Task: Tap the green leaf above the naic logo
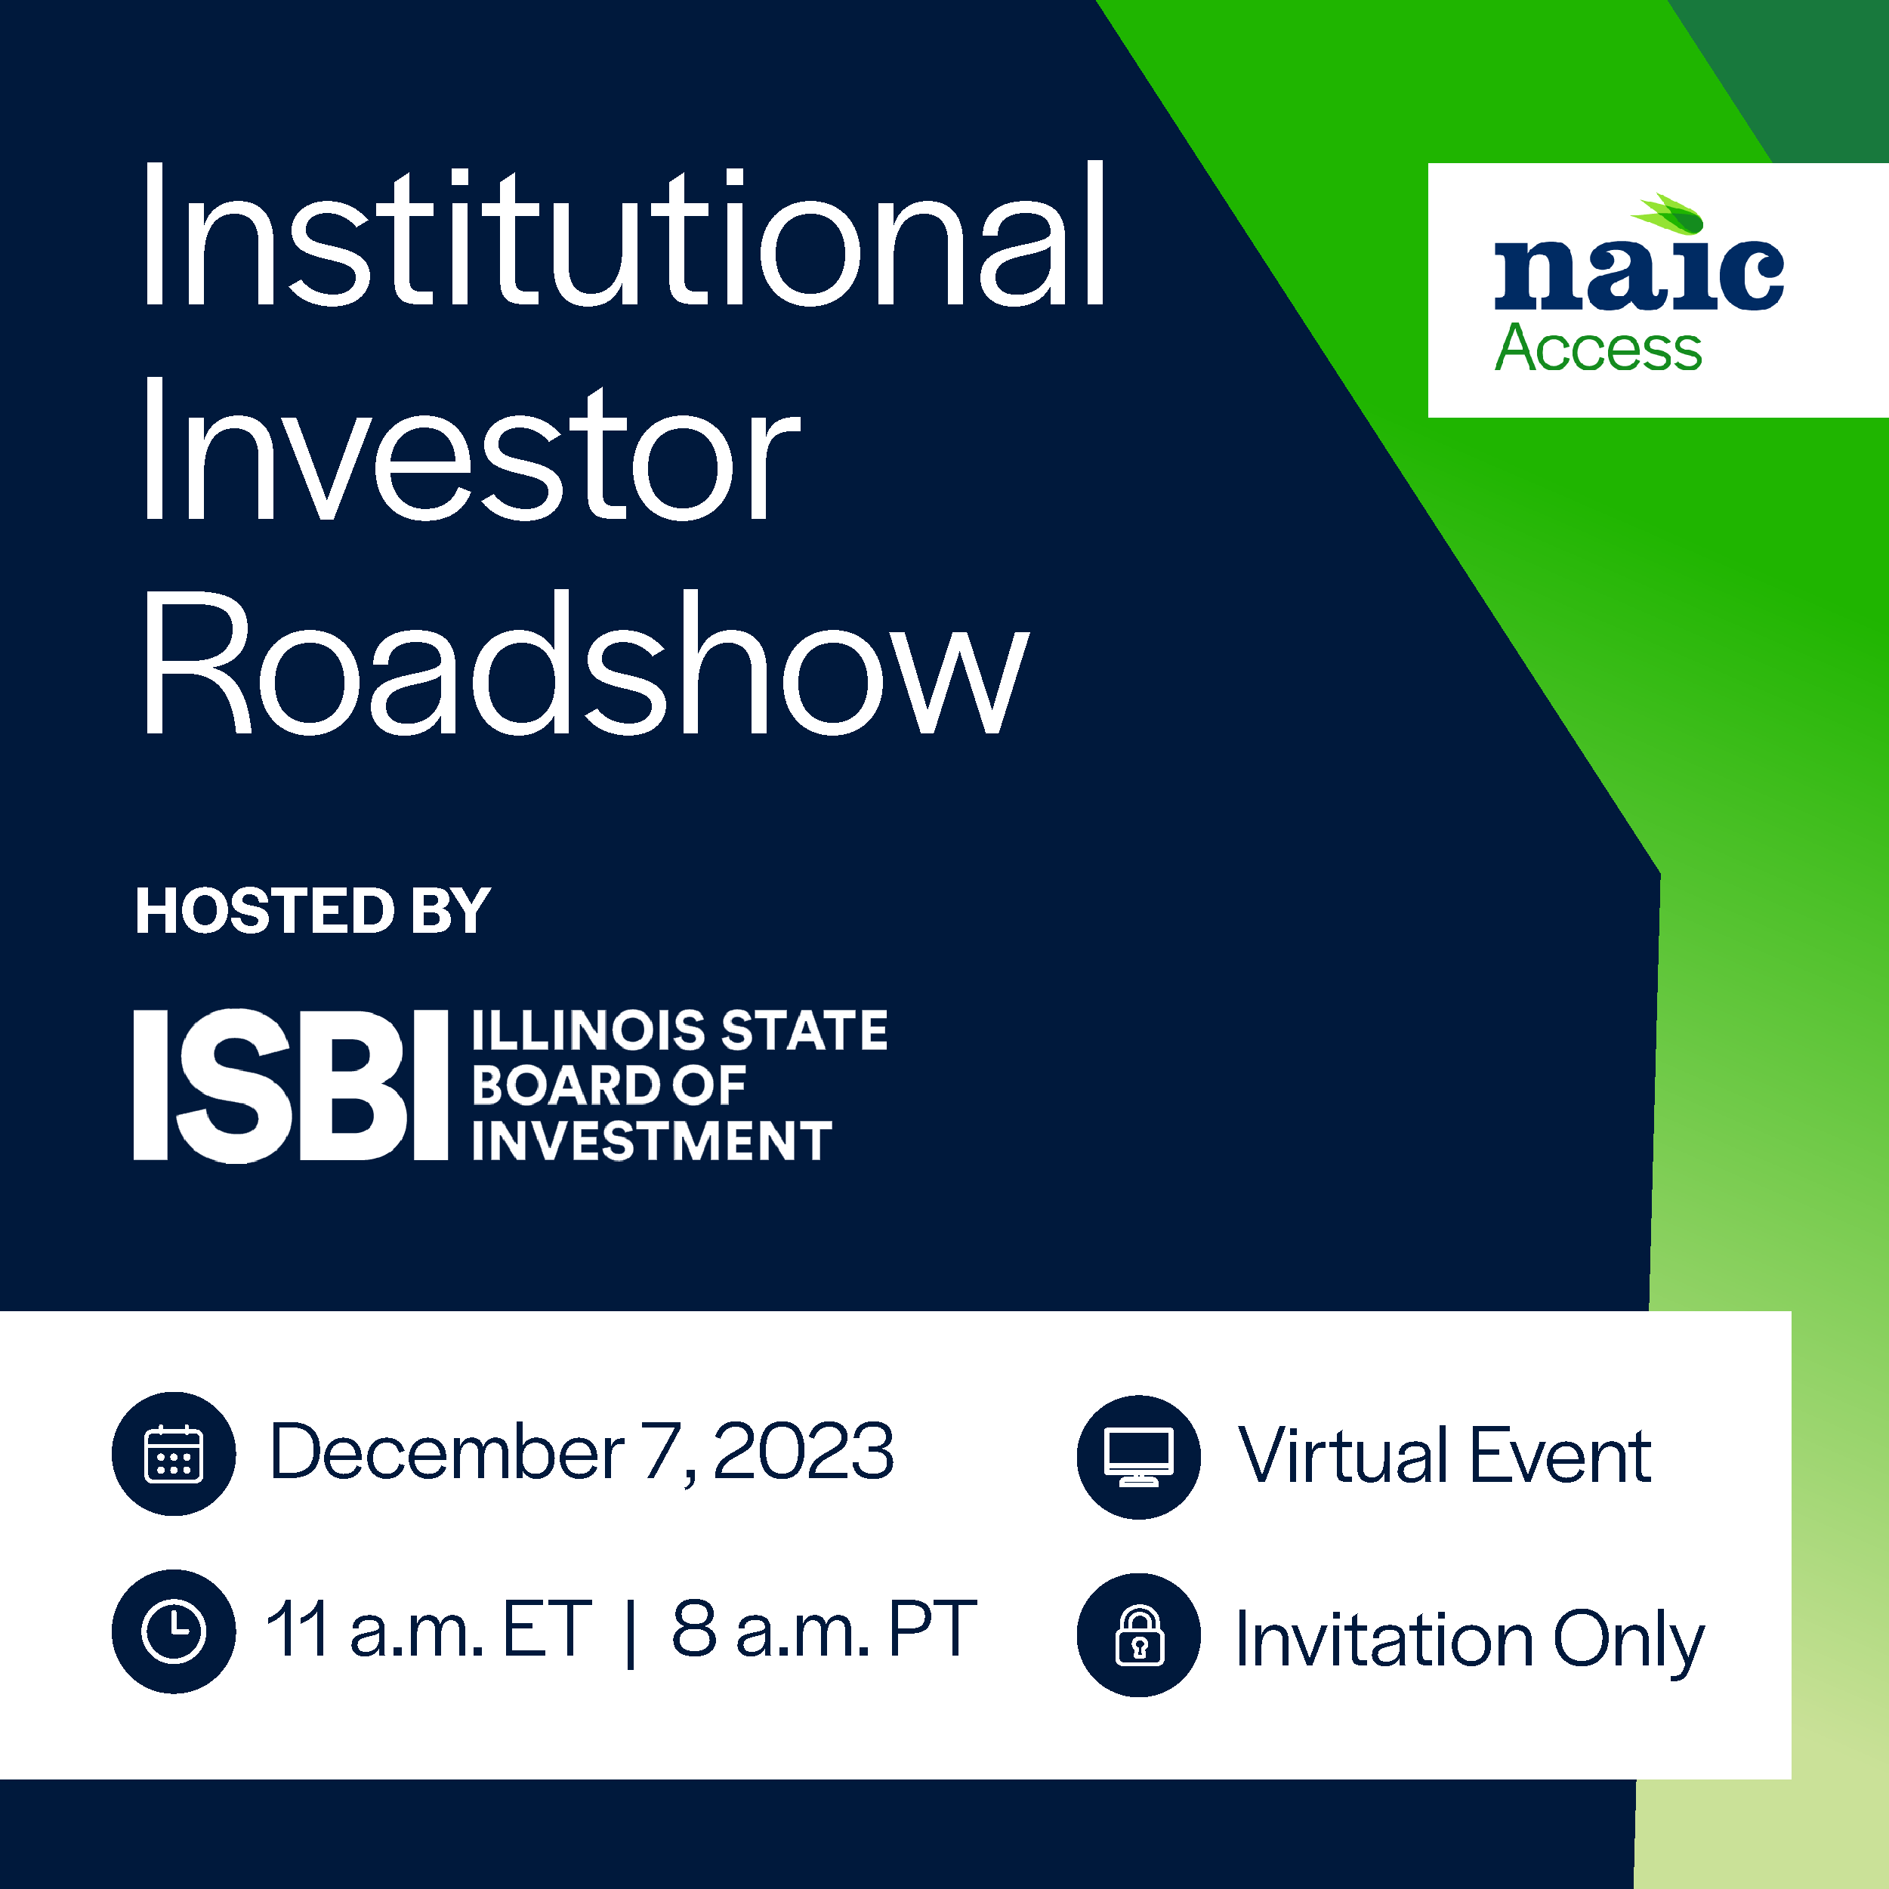coord(1667,213)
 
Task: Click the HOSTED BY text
coord(313,911)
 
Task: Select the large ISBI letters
coord(290,1085)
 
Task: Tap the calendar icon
coord(174,1454)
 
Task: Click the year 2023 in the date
coord(804,1452)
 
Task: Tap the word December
coord(448,1452)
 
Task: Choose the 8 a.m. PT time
coord(824,1630)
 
